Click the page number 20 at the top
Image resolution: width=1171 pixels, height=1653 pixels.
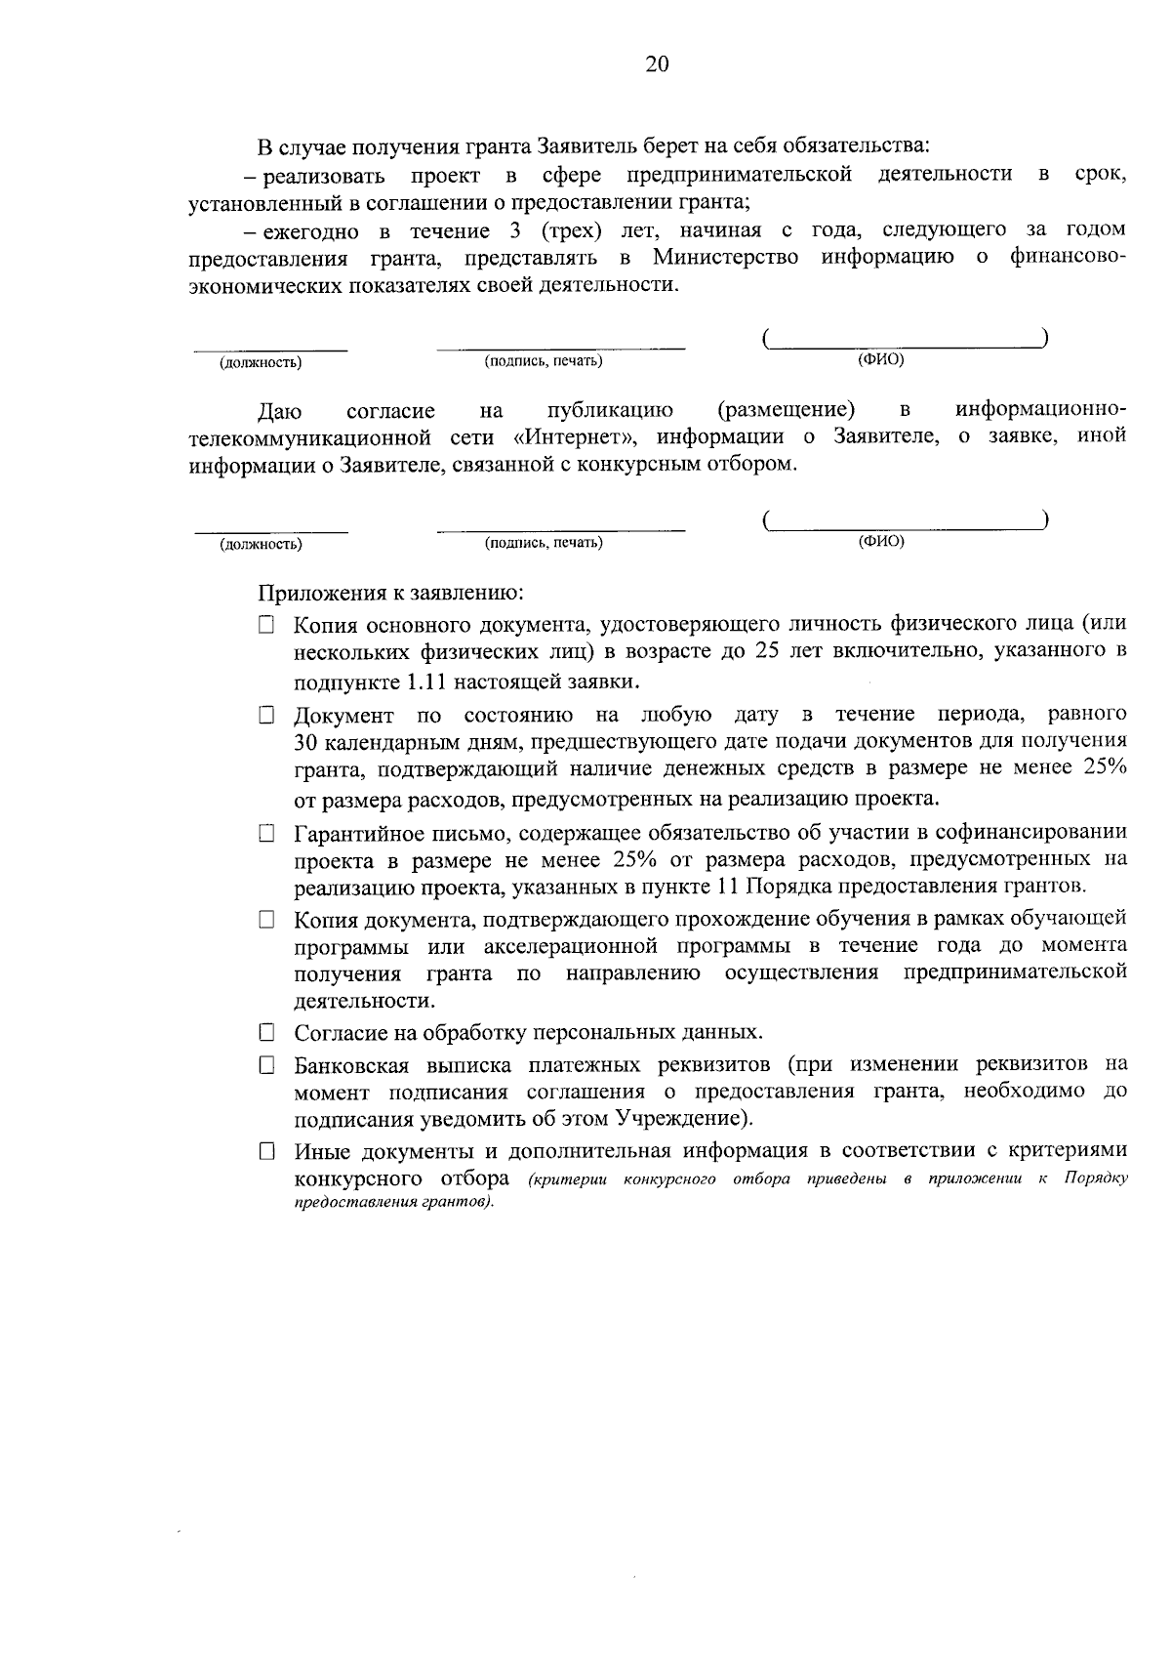click(656, 64)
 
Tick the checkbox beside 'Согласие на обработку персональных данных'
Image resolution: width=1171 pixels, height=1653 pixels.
click(266, 1032)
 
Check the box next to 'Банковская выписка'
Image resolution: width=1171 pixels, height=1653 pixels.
click(266, 1065)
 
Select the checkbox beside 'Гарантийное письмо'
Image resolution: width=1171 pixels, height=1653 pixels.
click(266, 834)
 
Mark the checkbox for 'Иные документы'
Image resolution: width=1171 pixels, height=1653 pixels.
click(266, 1152)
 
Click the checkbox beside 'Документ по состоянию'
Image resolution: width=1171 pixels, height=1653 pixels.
click(266, 716)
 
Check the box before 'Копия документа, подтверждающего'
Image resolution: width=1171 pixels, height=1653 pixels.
click(266, 920)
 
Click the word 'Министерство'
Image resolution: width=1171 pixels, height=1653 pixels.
click(725, 257)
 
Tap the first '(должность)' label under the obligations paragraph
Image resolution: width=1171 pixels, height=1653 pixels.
click(261, 363)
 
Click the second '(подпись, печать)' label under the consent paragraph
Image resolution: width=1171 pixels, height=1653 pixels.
click(544, 542)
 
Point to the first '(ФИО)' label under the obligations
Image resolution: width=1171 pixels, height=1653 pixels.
click(880, 360)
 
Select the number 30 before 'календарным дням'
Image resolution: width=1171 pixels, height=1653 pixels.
click(308, 743)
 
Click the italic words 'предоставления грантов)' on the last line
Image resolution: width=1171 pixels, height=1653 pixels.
click(394, 1202)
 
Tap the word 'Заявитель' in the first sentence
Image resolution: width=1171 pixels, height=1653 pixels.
click(583, 146)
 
